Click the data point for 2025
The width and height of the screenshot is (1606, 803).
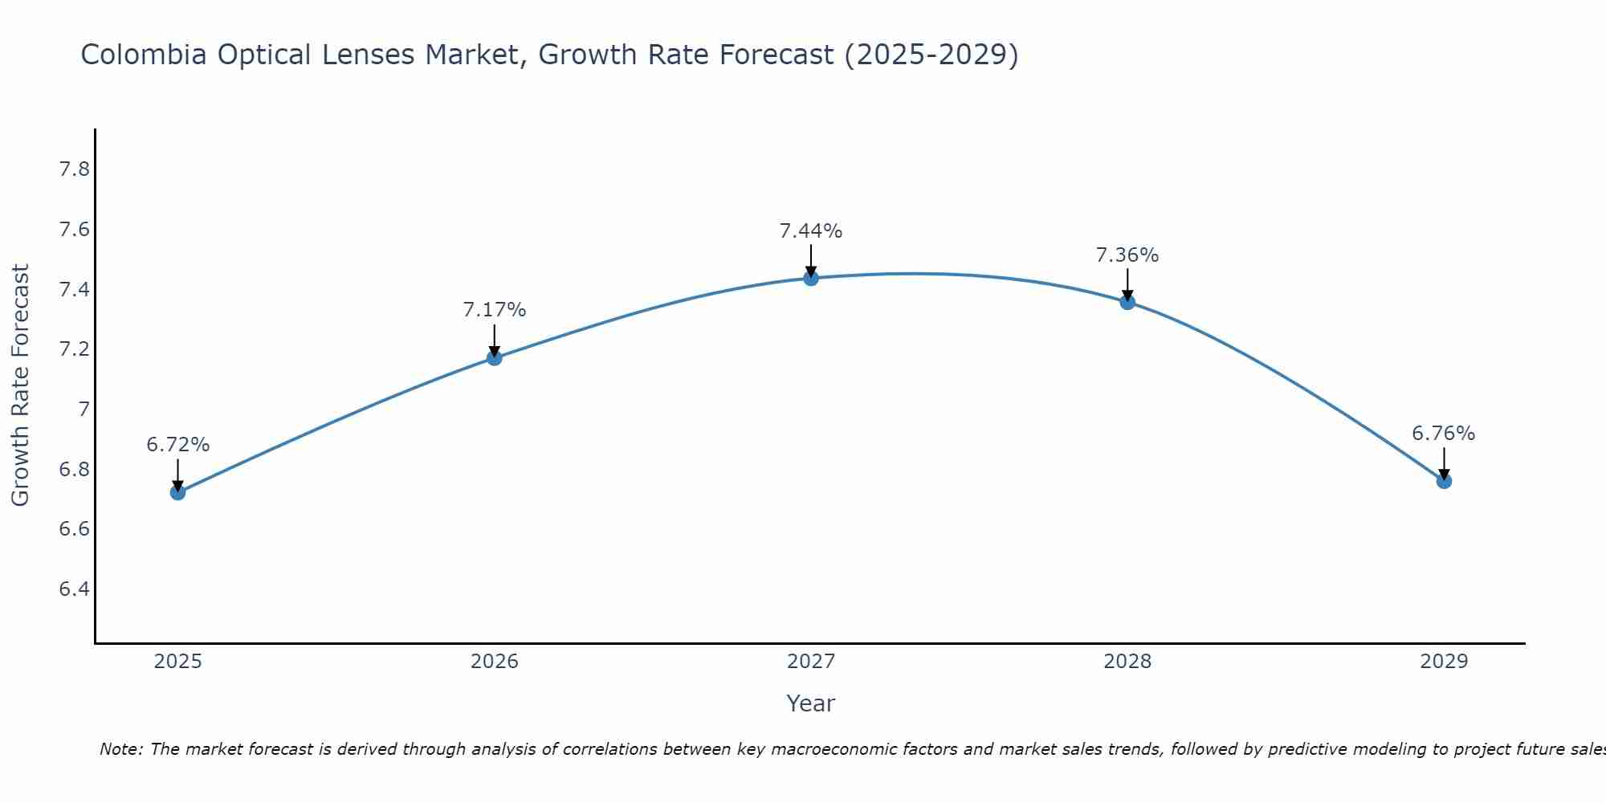[178, 492]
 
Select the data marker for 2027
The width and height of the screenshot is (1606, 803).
[811, 278]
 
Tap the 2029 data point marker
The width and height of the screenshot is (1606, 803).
[1444, 481]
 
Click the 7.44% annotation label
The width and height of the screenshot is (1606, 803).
[811, 231]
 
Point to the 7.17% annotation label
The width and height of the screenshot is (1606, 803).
[495, 310]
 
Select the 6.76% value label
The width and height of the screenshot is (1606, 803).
[1444, 434]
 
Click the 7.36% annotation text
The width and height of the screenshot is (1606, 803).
[1127, 255]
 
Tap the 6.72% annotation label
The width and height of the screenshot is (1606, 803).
[178, 445]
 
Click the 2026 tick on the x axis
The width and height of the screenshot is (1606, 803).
[495, 662]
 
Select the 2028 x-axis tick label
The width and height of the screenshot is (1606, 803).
[1127, 662]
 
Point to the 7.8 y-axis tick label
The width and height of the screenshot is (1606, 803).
[75, 169]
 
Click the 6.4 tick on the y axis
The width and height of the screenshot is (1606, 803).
[75, 589]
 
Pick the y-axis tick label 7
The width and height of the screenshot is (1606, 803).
[84, 410]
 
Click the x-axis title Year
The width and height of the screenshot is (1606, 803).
[811, 703]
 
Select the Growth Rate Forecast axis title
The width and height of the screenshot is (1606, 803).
[21, 385]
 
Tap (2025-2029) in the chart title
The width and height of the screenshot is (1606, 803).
[931, 55]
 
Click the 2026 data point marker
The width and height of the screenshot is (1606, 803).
[495, 357]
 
